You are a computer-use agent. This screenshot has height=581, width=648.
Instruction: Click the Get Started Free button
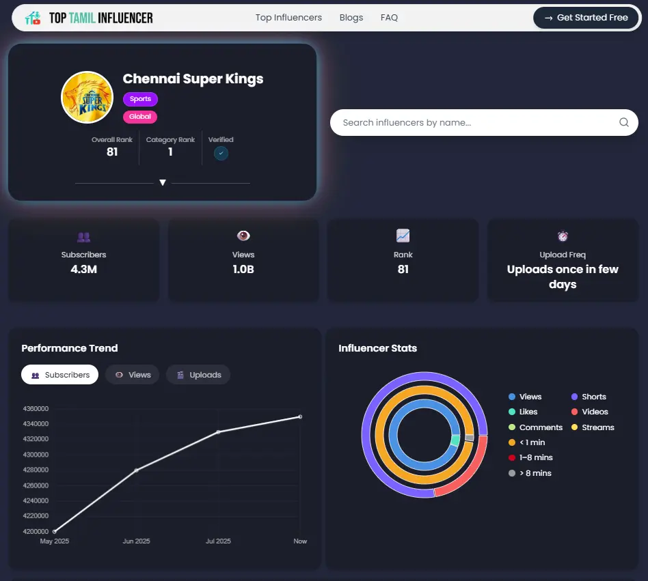pos(586,18)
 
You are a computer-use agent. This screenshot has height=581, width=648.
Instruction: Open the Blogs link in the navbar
pos(351,18)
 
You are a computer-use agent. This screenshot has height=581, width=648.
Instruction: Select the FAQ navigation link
pos(389,18)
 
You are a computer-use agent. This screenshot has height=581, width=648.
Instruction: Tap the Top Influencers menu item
pos(288,18)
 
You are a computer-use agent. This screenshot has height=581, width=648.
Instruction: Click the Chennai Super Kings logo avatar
pos(87,98)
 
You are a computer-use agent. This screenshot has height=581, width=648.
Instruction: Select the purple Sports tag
pos(140,99)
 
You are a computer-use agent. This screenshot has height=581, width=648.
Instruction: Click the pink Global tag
pos(140,117)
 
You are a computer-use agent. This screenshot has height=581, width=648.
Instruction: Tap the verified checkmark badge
pos(221,154)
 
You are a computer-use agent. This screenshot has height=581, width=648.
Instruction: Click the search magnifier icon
pos(623,123)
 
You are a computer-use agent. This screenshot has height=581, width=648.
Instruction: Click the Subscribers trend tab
pos(60,375)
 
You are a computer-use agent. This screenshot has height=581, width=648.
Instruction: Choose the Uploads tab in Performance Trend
pos(198,375)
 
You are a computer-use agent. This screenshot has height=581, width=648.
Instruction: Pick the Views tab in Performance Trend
pos(133,375)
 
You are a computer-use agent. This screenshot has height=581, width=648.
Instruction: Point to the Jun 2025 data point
pos(137,470)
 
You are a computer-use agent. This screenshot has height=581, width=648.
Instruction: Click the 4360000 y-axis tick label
pos(36,409)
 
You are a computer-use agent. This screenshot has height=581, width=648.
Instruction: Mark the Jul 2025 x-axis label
pos(218,541)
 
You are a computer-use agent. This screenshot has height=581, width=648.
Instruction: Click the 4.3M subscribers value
pos(83,270)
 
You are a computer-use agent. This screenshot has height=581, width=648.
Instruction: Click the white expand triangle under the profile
pos(163,183)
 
